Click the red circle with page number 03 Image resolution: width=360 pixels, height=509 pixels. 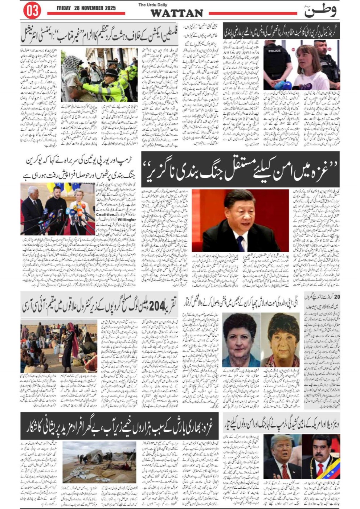point(32,11)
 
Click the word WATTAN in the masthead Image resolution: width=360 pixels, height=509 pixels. point(177,13)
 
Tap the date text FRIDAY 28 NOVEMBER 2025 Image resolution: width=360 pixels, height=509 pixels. point(86,8)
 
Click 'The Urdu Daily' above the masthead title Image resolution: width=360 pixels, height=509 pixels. point(153,5)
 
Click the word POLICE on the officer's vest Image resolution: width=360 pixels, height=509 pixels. point(274,51)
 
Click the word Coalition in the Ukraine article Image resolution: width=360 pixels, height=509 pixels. point(105,214)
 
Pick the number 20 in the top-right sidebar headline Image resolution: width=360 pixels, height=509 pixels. point(337,296)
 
